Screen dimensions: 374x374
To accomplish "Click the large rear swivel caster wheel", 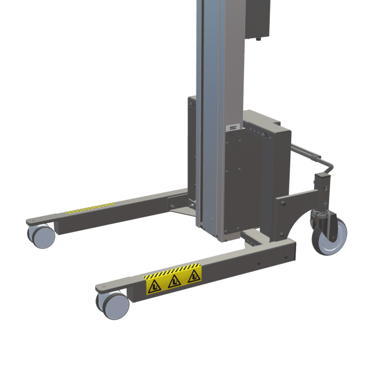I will pos(329,236).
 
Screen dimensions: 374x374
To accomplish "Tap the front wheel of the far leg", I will pos(42,236).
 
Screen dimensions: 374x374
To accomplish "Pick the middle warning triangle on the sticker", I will pos(174,281).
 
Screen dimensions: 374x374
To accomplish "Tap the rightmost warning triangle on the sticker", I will pos(193,276).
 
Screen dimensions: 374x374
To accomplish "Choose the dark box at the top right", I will pos(257,19).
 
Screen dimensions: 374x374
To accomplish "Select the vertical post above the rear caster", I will pos(323,187).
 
